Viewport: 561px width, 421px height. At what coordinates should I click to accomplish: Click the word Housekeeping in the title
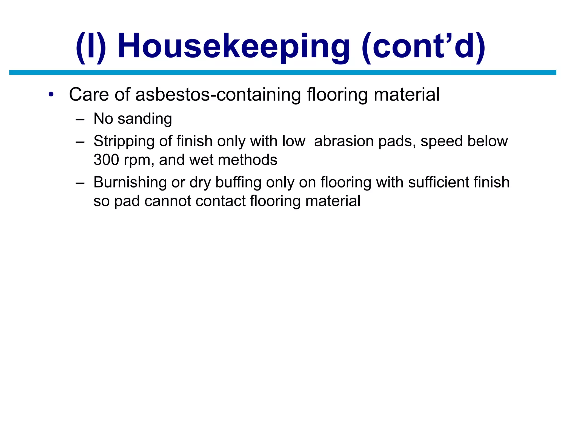(x=233, y=46)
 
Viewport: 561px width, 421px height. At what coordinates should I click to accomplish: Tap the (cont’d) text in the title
(x=423, y=46)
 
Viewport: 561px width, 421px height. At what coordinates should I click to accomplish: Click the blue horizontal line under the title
(x=283, y=73)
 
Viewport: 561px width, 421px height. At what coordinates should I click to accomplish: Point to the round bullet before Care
(x=51, y=95)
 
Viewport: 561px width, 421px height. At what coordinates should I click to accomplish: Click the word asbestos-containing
(x=218, y=95)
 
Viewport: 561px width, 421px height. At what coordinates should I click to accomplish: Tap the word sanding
(x=145, y=119)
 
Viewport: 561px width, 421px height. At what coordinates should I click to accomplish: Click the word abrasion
(x=344, y=141)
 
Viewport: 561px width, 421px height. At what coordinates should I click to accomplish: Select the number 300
(x=106, y=160)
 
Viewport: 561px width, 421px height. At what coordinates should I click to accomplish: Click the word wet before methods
(x=201, y=160)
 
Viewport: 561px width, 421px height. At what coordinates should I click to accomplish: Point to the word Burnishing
(x=130, y=183)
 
